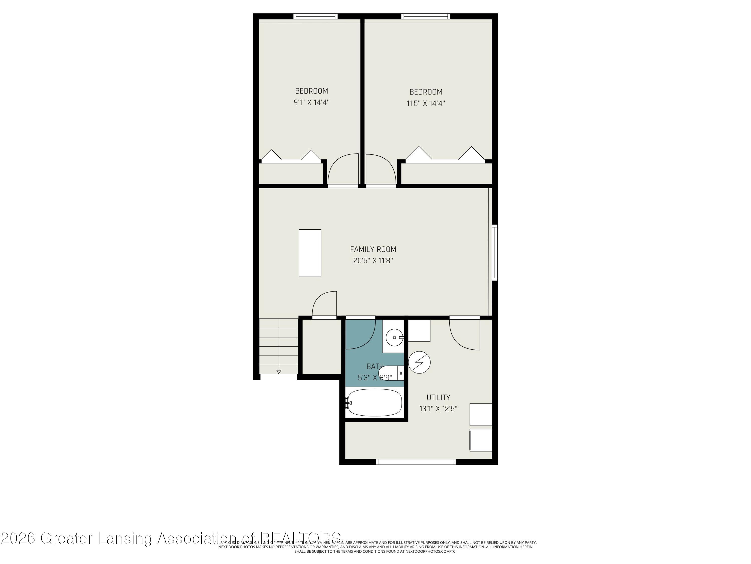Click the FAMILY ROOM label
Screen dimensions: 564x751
click(x=373, y=249)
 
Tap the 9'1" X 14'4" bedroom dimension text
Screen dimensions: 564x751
click(x=311, y=102)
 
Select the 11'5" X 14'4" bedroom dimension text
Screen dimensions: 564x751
click(x=426, y=103)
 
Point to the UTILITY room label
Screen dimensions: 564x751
click(x=438, y=397)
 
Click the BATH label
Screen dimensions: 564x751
click(x=375, y=366)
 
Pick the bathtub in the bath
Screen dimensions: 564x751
click(x=374, y=403)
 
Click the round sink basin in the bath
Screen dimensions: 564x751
click(x=395, y=338)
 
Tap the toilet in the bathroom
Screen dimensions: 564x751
click(x=391, y=373)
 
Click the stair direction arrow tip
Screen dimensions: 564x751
click(x=279, y=372)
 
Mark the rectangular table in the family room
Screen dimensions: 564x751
click(x=310, y=253)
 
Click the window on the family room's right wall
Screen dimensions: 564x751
click(x=495, y=253)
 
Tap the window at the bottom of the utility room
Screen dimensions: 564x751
click(x=416, y=462)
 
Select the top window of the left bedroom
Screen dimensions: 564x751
click(x=315, y=16)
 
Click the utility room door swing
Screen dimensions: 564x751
click(x=464, y=335)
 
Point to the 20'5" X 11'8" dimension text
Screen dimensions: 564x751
click(x=373, y=261)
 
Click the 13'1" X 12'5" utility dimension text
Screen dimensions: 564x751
click(x=438, y=409)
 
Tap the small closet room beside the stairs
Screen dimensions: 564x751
click(x=321, y=347)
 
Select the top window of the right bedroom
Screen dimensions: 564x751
click(x=426, y=16)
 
